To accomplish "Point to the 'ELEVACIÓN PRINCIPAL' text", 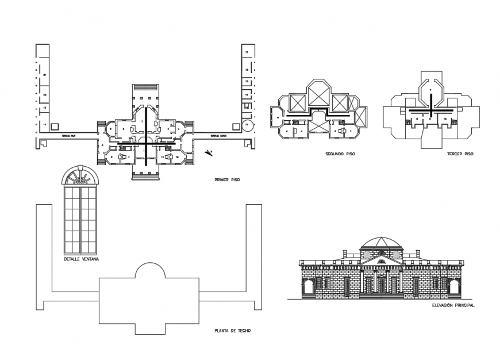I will tap(453, 305).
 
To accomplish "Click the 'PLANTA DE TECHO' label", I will tap(232, 331).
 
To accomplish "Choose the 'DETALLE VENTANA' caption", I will tap(82, 259).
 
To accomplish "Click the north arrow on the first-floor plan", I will tap(210, 152).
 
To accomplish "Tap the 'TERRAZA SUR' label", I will tap(70, 136).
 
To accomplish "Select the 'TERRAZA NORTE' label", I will tap(218, 136).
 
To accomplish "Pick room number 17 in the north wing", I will tap(247, 52).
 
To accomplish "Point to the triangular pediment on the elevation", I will tap(380, 261).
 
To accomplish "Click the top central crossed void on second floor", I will tap(318, 93).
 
